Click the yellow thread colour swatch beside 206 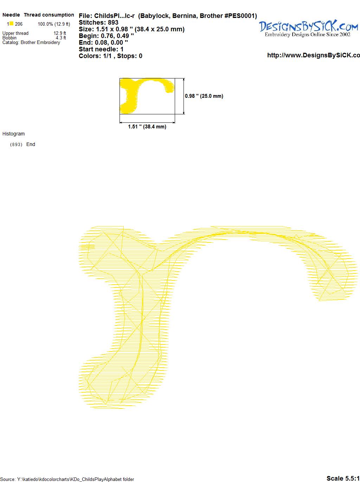(11, 24)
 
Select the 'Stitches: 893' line (98, 23)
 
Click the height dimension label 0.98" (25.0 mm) (204, 96)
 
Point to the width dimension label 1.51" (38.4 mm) (147, 127)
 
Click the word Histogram (13, 134)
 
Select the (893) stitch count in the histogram (16, 145)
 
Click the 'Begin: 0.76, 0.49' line (107, 36)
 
